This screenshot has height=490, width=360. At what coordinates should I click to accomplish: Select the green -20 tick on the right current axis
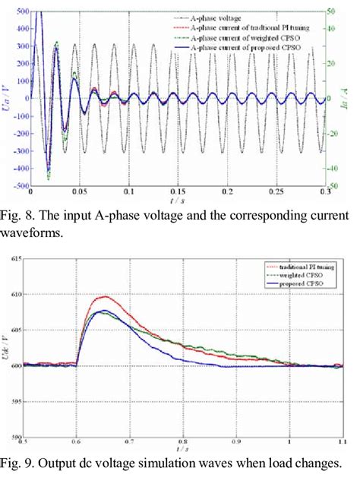click(333, 133)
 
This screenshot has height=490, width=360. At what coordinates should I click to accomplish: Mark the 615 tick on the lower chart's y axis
click(14, 259)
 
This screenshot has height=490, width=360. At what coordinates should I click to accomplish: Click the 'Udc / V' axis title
click(5, 348)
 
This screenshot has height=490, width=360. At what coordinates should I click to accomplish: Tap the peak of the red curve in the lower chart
click(104, 296)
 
